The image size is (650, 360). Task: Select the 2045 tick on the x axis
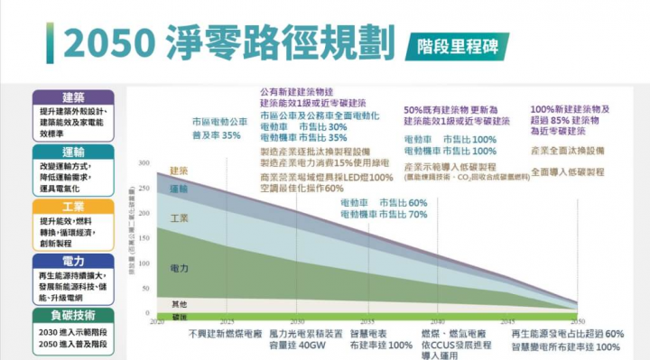[x=508, y=322]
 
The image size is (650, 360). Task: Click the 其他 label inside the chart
[x=179, y=304]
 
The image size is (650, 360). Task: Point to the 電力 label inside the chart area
[x=179, y=268]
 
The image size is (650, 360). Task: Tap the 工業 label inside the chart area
[x=179, y=218]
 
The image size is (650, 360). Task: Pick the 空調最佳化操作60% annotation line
[x=302, y=189]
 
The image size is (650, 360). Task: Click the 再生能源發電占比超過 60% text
[x=567, y=333]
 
